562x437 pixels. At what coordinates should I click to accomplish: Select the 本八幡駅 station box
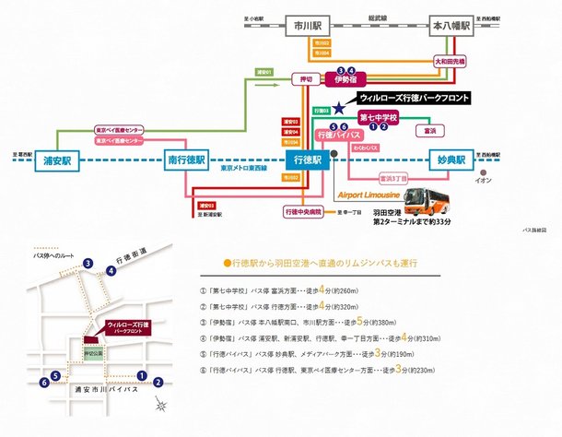pos(451,25)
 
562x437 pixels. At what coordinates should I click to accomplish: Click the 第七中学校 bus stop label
pos(378,118)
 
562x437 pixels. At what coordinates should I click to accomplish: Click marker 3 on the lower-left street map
pos(88,264)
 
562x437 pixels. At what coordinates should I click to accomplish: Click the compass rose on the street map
pos(161,405)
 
